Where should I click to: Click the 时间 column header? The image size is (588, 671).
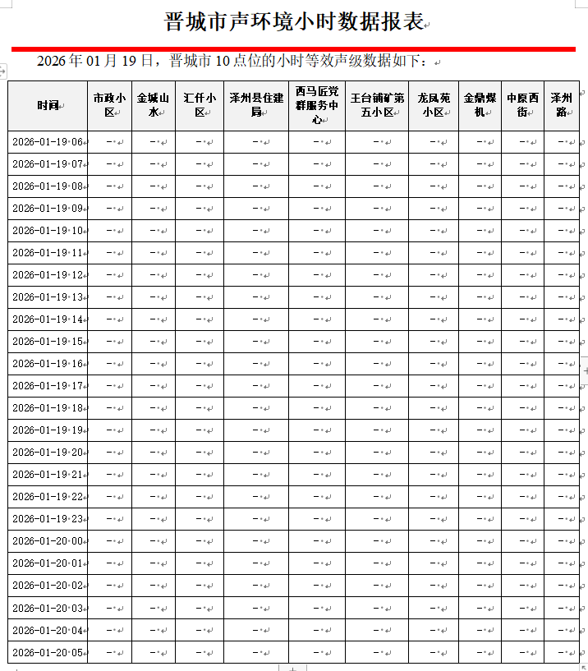(x=48, y=105)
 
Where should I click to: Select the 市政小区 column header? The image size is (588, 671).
(x=109, y=105)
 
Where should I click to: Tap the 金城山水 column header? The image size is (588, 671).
(x=153, y=105)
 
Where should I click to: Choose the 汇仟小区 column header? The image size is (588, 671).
(x=200, y=105)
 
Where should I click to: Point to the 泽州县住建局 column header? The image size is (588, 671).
(x=255, y=105)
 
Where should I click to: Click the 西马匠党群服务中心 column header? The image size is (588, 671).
(x=316, y=105)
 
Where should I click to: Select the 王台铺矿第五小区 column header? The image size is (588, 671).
(x=377, y=105)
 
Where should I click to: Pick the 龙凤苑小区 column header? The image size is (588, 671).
(x=433, y=105)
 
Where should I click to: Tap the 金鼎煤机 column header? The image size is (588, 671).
(x=480, y=105)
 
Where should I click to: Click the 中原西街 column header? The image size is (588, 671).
(x=522, y=105)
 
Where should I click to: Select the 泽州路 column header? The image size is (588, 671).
(x=562, y=105)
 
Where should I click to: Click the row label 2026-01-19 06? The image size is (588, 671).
(x=48, y=142)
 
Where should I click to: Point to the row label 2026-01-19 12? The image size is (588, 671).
(x=48, y=275)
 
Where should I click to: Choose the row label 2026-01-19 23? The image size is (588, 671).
(x=48, y=519)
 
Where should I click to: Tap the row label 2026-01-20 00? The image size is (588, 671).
(x=48, y=541)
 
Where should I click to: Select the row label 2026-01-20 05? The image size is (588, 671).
(x=48, y=652)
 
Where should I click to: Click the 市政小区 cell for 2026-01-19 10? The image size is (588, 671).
(x=109, y=231)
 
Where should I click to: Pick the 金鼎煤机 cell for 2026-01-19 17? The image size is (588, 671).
(x=480, y=386)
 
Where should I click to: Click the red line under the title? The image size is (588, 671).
(x=293, y=48)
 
